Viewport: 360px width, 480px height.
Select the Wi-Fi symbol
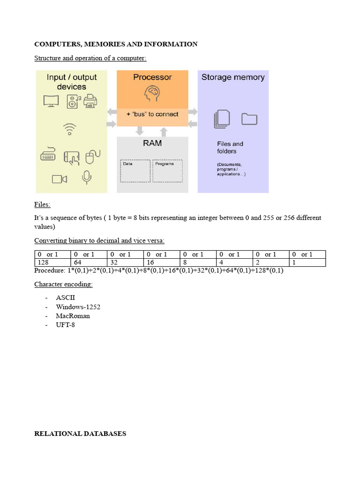[x=70, y=128]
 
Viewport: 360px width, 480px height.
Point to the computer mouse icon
[x=92, y=157]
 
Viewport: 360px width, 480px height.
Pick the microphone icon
[x=86, y=177]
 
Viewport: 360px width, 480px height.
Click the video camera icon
[x=60, y=179]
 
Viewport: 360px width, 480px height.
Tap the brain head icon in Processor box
[x=152, y=94]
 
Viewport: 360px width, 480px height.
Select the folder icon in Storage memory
[x=249, y=119]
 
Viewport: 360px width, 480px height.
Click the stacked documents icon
[x=222, y=119]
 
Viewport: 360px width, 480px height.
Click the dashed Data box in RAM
[x=135, y=171]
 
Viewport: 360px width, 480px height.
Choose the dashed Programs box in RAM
[x=167, y=171]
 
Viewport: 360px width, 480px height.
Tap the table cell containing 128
[x=52, y=262]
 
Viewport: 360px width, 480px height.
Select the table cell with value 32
[x=125, y=262]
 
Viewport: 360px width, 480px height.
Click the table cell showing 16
[x=162, y=262]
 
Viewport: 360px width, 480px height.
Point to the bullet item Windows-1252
[x=78, y=307]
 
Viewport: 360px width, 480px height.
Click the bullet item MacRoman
[x=73, y=315]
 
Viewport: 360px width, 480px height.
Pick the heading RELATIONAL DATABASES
[x=80, y=434]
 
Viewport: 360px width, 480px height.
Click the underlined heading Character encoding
[x=63, y=285]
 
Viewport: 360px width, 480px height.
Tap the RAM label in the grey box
[x=152, y=143]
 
